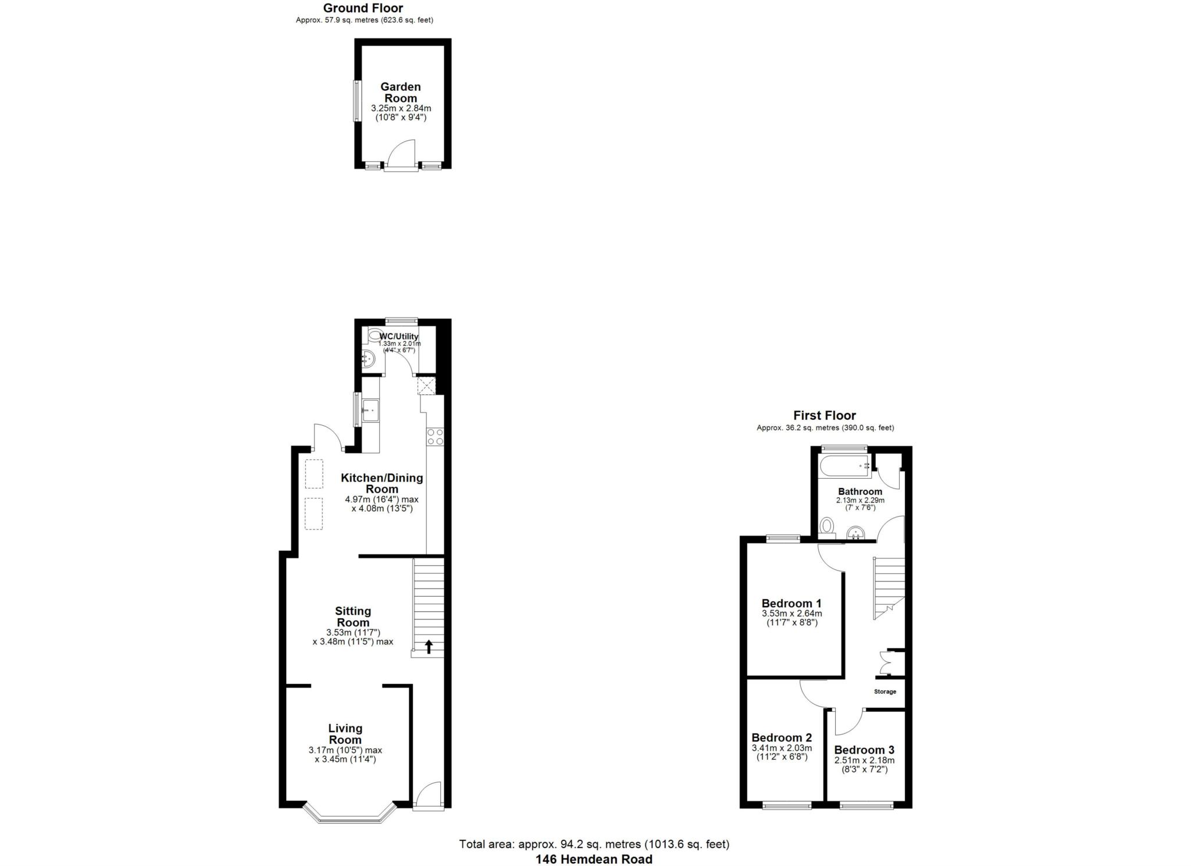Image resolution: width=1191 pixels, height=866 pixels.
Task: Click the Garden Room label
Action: [x=401, y=92]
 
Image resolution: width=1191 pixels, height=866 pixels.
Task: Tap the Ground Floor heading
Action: [x=363, y=8]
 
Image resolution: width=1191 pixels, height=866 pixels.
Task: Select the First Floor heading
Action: [x=825, y=415]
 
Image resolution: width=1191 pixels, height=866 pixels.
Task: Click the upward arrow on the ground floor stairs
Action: [x=429, y=646]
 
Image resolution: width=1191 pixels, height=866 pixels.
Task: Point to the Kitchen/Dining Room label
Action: [x=381, y=483]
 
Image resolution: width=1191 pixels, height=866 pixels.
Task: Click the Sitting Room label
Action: [x=353, y=616]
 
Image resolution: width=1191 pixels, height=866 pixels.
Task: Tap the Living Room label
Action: [x=345, y=734]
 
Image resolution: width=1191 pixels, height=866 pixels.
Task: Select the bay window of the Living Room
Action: [x=350, y=814]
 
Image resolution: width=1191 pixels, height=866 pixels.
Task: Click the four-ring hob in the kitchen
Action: [x=435, y=437]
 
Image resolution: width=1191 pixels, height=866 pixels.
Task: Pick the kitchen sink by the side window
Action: [x=370, y=410]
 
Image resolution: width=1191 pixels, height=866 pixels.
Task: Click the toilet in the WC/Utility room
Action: [x=373, y=336]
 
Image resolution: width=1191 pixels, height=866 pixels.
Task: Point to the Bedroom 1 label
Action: [x=791, y=603]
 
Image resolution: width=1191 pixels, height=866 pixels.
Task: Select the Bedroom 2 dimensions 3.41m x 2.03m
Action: [x=782, y=748]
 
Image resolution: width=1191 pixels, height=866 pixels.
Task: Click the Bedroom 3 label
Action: [x=864, y=750]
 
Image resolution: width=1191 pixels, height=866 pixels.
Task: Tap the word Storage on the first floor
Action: [x=885, y=692]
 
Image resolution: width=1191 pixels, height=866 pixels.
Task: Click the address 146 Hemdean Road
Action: [x=594, y=859]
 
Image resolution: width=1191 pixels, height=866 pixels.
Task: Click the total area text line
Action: [x=594, y=844]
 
